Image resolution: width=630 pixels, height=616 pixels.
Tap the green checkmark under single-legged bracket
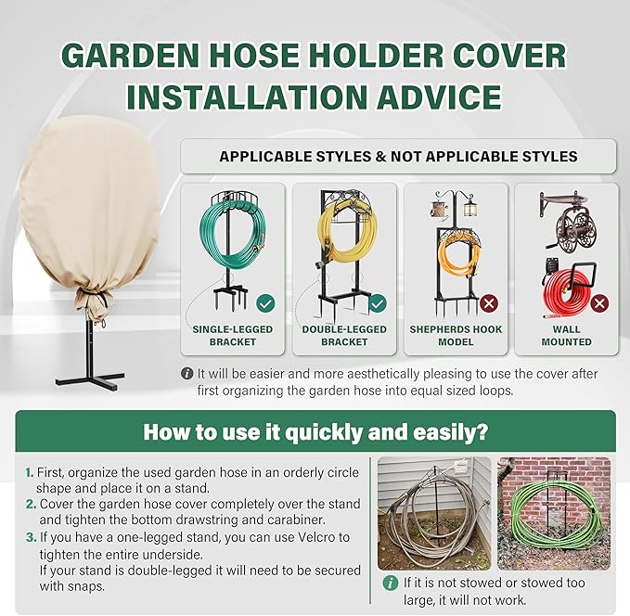(264, 302)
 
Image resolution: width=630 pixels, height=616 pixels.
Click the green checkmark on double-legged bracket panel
(377, 303)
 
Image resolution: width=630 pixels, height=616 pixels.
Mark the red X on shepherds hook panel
(488, 303)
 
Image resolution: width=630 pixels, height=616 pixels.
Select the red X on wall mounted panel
(598, 303)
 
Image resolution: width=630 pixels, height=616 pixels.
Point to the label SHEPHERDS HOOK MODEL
(456, 336)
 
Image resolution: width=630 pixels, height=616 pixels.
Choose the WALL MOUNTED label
(566, 336)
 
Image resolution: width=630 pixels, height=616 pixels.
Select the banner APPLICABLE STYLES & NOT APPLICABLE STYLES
(398, 157)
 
